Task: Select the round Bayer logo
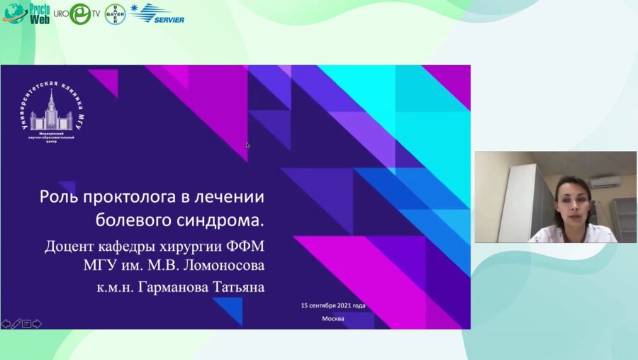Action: (115, 14)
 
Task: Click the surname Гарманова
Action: (174, 289)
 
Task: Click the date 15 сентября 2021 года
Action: (332, 305)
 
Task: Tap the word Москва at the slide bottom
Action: (332, 318)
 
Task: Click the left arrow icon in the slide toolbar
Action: (6, 324)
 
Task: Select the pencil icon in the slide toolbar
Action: (16, 324)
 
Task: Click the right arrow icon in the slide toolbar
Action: (37, 324)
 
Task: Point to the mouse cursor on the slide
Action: (247, 145)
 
